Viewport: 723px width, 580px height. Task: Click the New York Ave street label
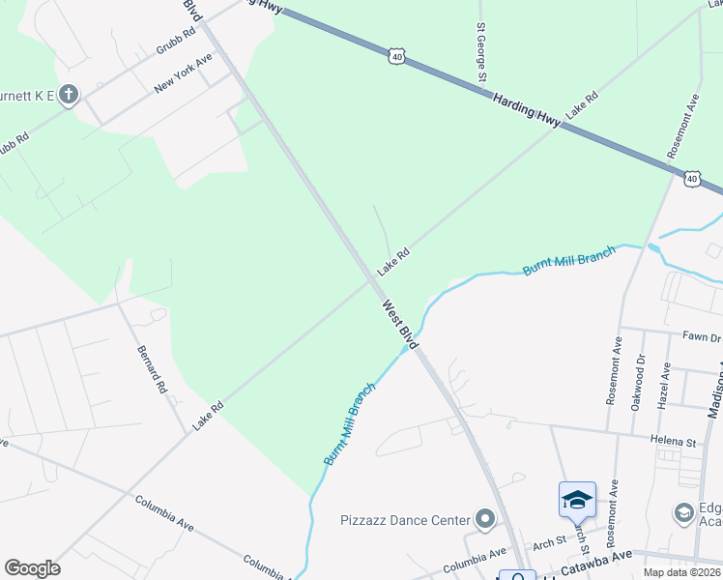click(183, 73)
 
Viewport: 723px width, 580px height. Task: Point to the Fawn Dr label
click(702, 337)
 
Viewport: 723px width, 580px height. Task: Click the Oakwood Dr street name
click(639, 383)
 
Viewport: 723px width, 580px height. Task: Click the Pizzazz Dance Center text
click(404, 520)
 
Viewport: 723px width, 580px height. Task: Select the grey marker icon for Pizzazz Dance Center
click(485, 520)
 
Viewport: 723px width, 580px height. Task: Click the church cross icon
click(68, 95)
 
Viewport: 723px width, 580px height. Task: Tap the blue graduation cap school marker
click(577, 500)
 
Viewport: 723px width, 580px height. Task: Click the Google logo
click(32, 568)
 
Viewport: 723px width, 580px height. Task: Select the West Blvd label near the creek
click(399, 325)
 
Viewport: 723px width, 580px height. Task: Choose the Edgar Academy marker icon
click(683, 511)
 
